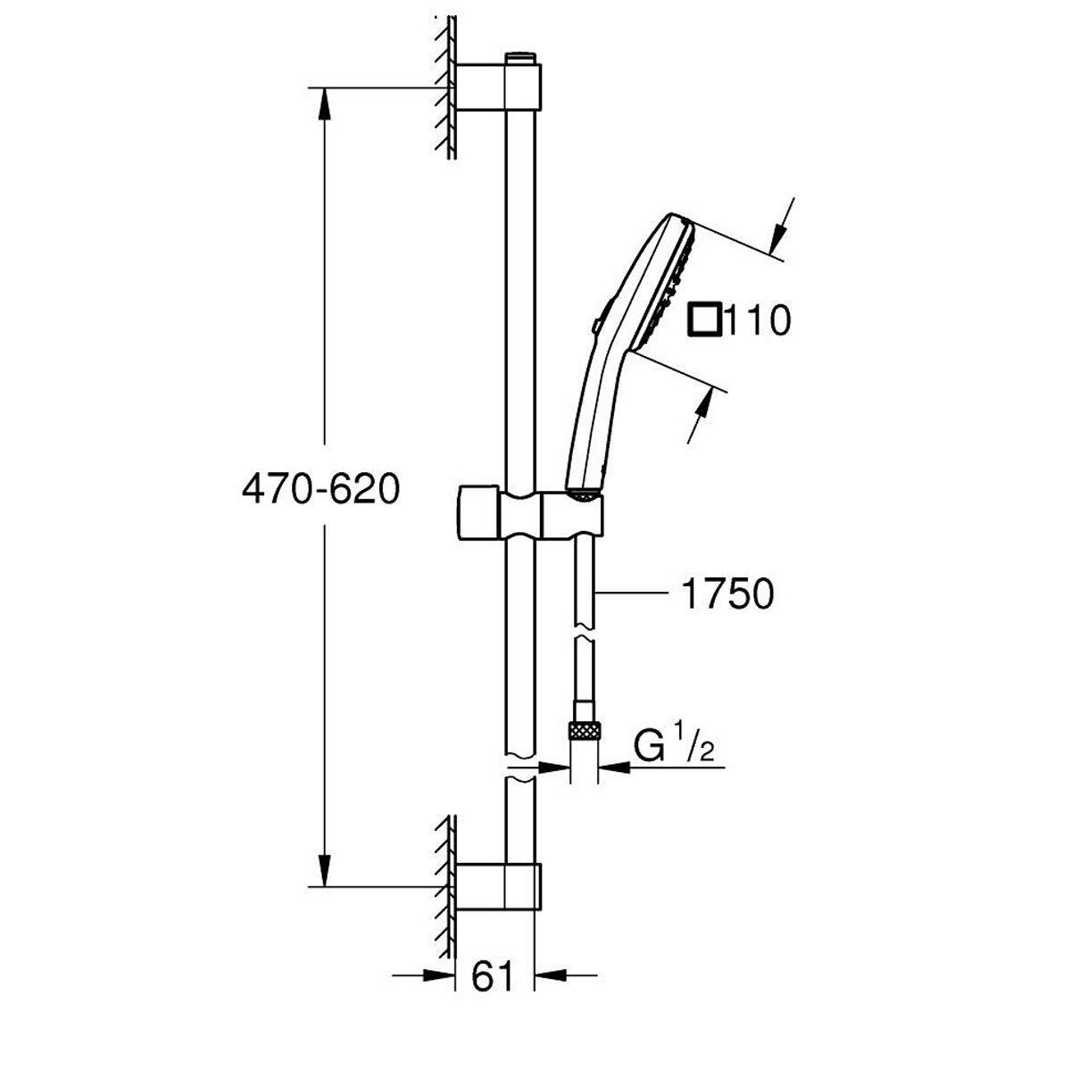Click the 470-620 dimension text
point(320,489)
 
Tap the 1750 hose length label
point(727,594)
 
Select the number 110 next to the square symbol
point(758,320)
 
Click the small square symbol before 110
point(705,320)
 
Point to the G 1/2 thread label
point(674,742)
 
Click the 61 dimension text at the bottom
point(491,976)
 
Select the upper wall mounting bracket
point(498,87)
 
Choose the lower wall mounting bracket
point(498,886)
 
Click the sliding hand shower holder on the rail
point(531,514)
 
